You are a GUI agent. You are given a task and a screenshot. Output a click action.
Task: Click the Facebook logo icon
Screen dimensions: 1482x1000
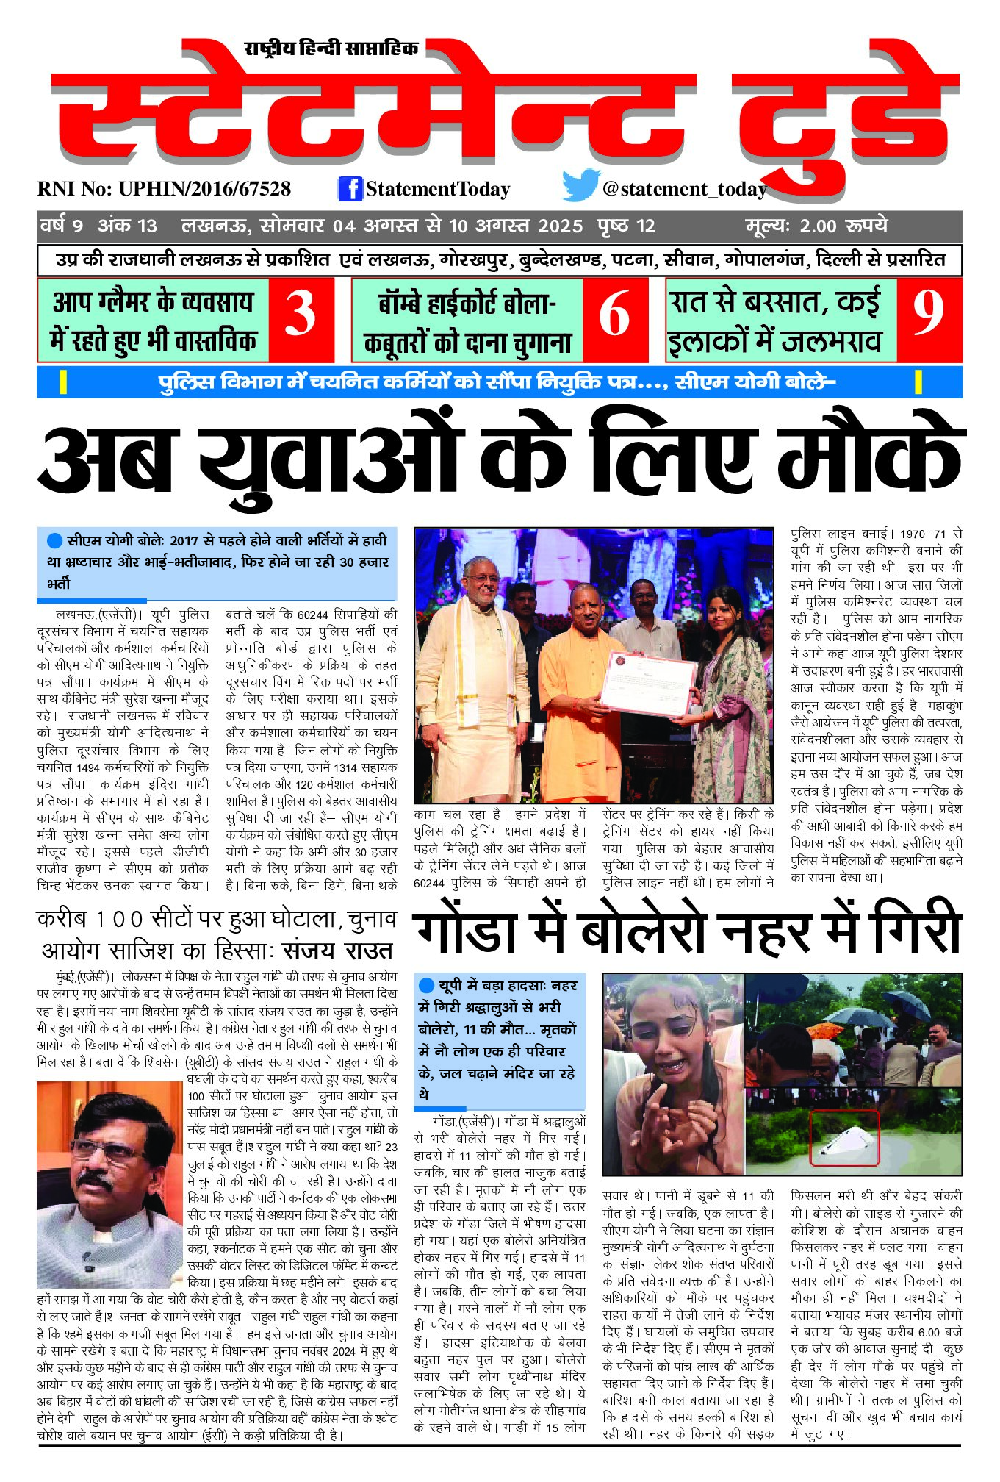(x=350, y=189)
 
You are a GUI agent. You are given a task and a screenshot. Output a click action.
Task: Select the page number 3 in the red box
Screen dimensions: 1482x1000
(x=300, y=314)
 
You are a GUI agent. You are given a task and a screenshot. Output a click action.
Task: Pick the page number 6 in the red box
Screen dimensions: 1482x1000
(x=614, y=314)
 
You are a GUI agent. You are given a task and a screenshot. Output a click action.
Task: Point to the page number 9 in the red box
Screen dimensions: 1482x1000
(x=928, y=312)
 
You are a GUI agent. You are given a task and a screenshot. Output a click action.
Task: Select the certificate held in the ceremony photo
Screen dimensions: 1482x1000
(x=647, y=683)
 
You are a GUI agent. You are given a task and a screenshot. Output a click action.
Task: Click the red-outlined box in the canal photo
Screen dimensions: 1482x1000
(x=843, y=1138)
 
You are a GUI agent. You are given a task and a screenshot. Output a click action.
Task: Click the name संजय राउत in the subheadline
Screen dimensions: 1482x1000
(x=339, y=951)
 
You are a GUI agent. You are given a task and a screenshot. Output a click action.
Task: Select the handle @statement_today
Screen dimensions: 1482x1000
(x=684, y=189)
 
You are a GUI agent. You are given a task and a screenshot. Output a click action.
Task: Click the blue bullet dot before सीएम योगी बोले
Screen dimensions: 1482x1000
(x=54, y=541)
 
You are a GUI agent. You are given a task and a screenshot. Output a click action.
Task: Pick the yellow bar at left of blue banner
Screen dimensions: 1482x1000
(x=63, y=382)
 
